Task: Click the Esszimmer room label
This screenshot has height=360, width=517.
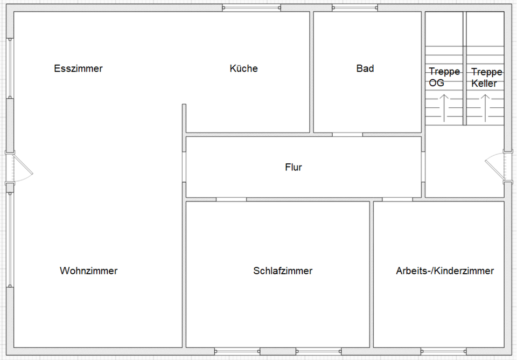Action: (78, 68)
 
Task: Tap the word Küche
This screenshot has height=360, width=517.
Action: (243, 68)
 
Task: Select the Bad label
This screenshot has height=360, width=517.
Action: (365, 68)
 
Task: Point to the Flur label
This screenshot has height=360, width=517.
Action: (294, 167)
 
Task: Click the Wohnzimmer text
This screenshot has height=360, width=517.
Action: (88, 271)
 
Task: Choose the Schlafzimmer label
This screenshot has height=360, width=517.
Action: (283, 271)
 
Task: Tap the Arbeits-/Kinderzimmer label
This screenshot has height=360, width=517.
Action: (444, 271)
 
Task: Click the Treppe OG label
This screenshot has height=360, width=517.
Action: (444, 77)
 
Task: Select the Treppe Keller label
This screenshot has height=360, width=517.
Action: (486, 78)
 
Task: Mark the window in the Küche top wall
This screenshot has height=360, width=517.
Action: (251, 8)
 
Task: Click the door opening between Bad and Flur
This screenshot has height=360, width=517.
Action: (347, 134)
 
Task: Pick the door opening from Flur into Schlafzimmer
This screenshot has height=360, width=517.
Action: (232, 199)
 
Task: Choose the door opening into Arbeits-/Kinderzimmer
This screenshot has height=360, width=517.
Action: (397, 199)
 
